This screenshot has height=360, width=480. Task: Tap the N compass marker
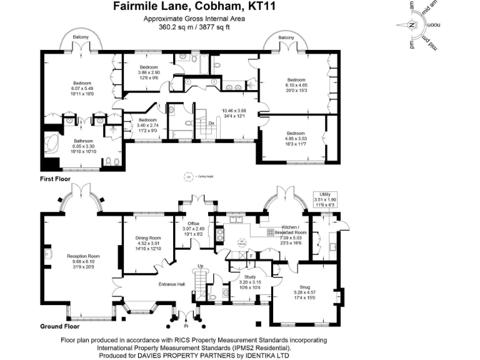(411, 25)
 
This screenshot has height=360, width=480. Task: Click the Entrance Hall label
(171, 284)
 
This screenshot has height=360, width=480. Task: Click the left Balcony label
(80, 37)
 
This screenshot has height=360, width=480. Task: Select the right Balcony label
(286, 38)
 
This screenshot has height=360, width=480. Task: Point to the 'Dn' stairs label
(211, 124)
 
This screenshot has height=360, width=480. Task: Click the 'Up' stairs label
(200, 266)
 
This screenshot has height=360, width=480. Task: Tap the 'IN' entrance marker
(185, 326)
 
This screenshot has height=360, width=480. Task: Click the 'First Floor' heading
(56, 179)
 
